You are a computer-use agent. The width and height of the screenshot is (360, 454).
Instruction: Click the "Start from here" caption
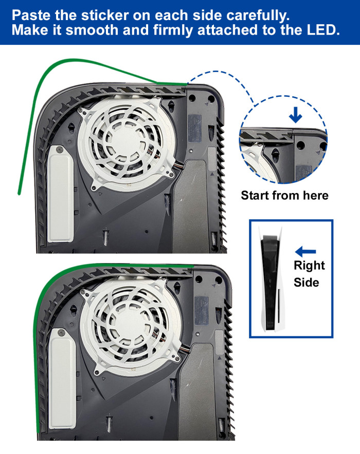pos(284,196)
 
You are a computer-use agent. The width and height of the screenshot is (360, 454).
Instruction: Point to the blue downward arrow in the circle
pos(296,115)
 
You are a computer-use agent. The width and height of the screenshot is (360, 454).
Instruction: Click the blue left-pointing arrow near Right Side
pos(305,252)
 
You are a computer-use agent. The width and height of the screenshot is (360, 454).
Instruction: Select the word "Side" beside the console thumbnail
pos(306,282)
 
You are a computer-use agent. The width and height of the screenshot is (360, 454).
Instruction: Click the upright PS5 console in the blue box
pos(271,278)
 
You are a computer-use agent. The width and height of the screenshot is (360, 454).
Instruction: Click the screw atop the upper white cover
pos(60,150)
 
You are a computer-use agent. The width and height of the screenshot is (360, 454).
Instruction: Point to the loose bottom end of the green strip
pos(19,193)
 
